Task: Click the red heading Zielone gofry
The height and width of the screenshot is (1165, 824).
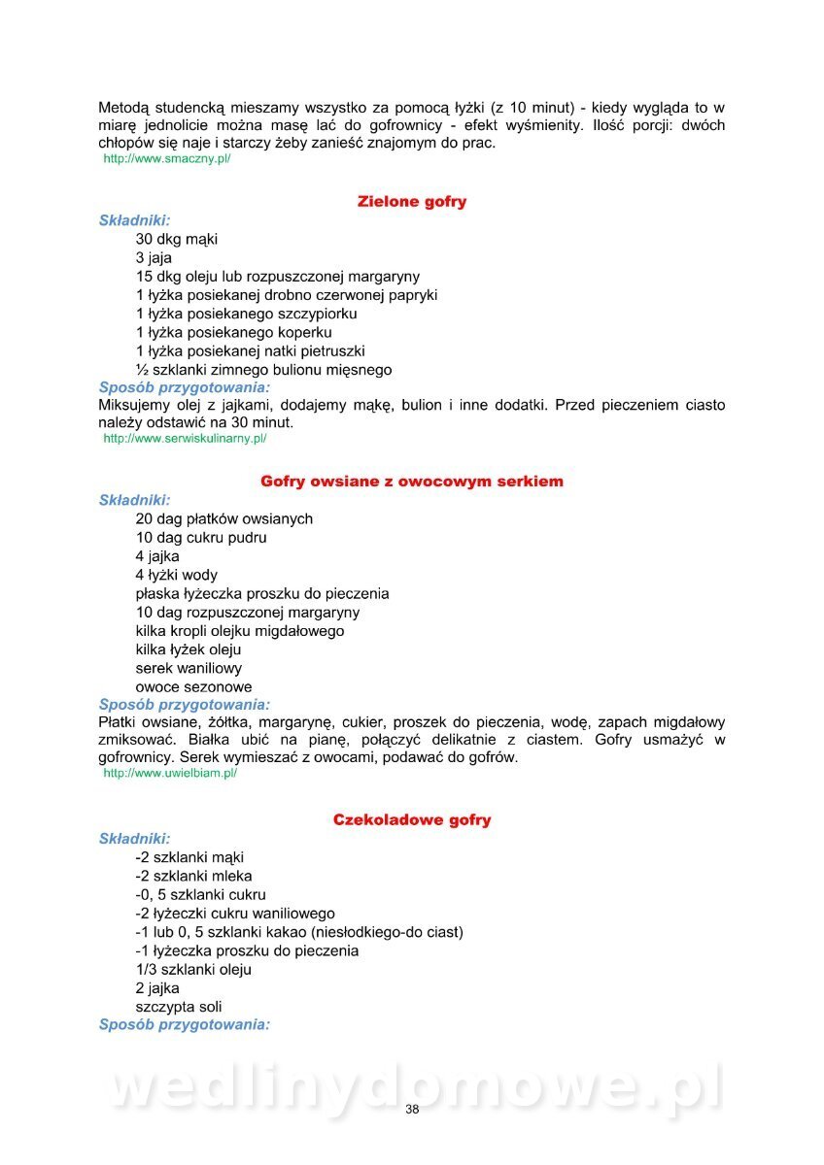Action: click(412, 202)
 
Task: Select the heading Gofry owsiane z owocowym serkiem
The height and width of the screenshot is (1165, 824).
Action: click(412, 482)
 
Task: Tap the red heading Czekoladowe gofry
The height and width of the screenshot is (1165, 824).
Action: click(412, 819)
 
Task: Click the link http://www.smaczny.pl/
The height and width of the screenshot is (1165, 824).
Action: click(166, 158)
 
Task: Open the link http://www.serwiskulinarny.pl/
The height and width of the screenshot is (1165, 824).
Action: click(185, 439)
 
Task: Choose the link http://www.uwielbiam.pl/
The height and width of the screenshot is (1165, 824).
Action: click(170, 773)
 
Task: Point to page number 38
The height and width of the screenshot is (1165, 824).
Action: click(412, 1110)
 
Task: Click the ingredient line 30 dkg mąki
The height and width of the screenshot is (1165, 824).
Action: click(177, 239)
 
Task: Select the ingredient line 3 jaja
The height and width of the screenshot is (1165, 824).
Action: click(154, 258)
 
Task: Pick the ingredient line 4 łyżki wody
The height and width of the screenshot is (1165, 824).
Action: click(177, 575)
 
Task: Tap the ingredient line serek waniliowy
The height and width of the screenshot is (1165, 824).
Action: click(189, 668)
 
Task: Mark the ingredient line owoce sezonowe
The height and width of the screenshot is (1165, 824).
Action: click(193, 687)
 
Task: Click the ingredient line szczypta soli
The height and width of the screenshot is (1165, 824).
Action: click(179, 1007)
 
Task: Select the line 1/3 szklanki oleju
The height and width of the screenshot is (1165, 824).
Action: click(193, 969)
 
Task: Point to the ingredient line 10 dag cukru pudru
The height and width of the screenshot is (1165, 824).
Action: click(201, 537)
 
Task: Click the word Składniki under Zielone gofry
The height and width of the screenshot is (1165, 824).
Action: click(134, 220)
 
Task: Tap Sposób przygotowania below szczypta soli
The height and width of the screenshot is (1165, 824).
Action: click(185, 1025)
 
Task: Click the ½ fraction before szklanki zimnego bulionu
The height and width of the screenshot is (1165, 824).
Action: click(142, 370)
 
